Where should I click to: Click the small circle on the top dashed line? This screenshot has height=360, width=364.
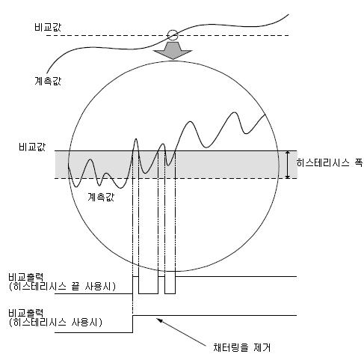[173, 35]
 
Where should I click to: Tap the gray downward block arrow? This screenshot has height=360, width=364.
[173, 51]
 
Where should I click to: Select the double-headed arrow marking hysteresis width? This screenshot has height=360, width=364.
[287, 165]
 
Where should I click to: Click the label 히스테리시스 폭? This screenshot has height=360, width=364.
[330, 163]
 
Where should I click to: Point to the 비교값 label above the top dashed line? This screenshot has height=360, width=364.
[48, 27]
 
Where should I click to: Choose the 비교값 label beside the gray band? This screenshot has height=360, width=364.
[32, 147]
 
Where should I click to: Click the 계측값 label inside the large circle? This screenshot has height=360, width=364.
[101, 197]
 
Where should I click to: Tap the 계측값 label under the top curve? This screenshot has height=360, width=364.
[48, 81]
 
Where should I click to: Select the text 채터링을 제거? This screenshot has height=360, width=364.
[241, 347]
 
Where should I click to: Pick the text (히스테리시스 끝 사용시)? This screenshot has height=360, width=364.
[62, 286]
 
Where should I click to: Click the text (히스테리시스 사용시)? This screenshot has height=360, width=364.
[55, 323]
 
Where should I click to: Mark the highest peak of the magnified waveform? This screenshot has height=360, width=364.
[235, 112]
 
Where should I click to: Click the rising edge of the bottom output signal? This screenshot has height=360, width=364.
[133, 324]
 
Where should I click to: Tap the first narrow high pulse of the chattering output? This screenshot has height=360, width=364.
[136, 276]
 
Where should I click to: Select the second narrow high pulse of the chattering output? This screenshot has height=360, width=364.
[161, 276]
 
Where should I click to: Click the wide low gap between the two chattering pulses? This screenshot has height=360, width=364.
[149, 293]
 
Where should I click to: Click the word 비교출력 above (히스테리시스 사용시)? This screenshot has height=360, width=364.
[26, 313]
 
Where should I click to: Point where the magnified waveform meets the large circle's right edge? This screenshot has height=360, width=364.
[265, 114]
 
